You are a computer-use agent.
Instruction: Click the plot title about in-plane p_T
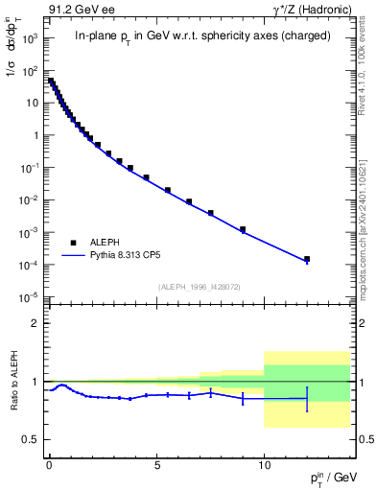coord(202,36)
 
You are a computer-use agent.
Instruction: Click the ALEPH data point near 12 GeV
coord(307,259)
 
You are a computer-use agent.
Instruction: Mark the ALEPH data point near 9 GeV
coord(243,229)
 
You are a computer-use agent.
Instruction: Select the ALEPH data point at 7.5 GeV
coord(210,213)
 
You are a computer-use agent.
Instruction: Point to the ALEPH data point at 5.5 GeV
coord(167,190)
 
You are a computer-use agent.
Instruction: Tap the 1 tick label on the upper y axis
coord(35,135)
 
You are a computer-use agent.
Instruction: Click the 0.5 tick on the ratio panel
coord(29,439)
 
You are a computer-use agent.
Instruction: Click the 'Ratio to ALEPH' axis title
coord(12,381)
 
